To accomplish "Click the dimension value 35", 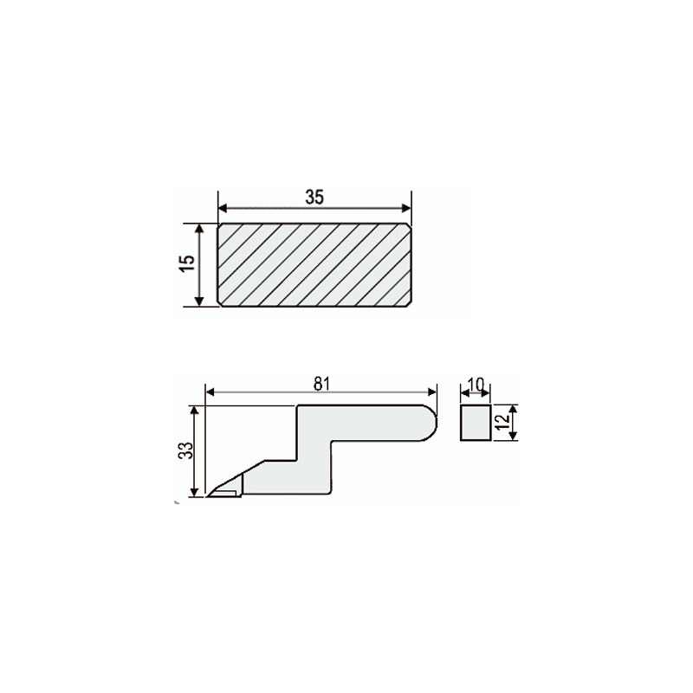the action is (x=314, y=198).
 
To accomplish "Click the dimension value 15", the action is (x=188, y=263).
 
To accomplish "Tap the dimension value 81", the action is (x=321, y=384).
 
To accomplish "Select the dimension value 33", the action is (x=186, y=450).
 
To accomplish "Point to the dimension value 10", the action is (x=476, y=385).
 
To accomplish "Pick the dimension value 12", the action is (x=502, y=422).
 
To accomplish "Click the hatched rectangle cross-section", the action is (x=314, y=264).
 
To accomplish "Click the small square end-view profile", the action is (x=476, y=422).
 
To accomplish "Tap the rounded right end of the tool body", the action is (x=431, y=423).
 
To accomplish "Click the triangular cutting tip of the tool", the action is (x=225, y=489).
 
